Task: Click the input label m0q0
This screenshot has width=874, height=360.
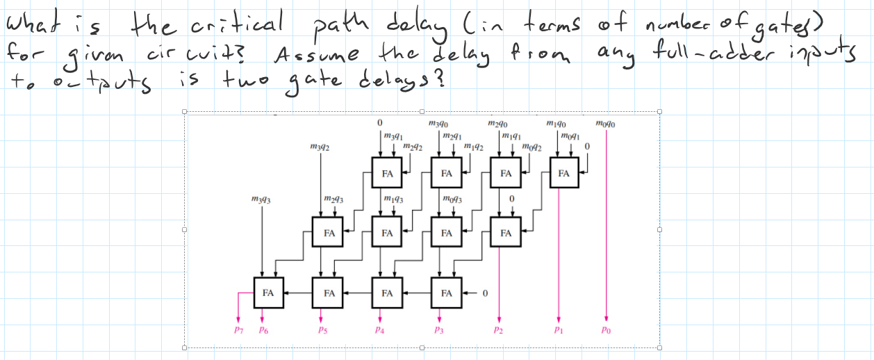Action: pyautogui.click(x=606, y=124)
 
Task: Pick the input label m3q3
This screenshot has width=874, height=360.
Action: pyautogui.click(x=261, y=199)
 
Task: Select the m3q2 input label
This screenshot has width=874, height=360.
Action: pyautogui.click(x=320, y=148)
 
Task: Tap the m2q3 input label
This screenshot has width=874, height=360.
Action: pyautogui.click(x=333, y=200)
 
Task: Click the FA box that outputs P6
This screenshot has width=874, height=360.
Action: pyautogui.click(x=267, y=293)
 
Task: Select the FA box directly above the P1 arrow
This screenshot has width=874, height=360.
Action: pyautogui.click(x=563, y=172)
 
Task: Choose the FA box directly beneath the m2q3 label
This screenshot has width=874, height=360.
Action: pyautogui.click(x=329, y=233)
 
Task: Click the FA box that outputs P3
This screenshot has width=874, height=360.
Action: pyautogui.click(x=446, y=293)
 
